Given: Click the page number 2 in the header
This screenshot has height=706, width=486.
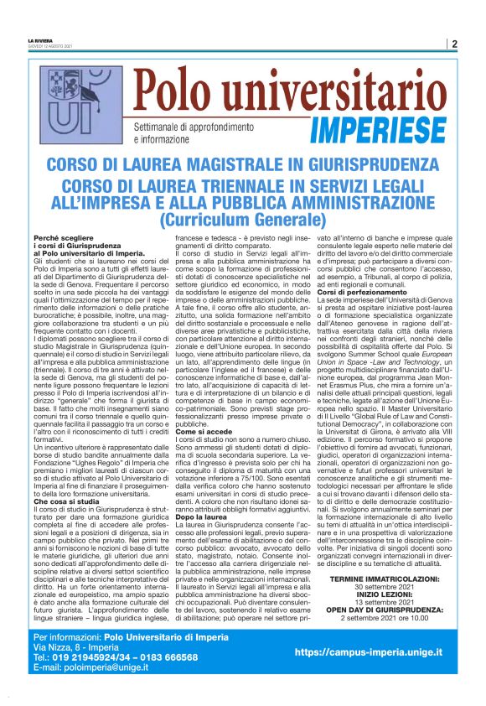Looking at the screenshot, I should (452, 44).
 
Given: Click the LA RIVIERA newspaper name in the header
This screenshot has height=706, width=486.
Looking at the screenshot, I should (39, 40).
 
